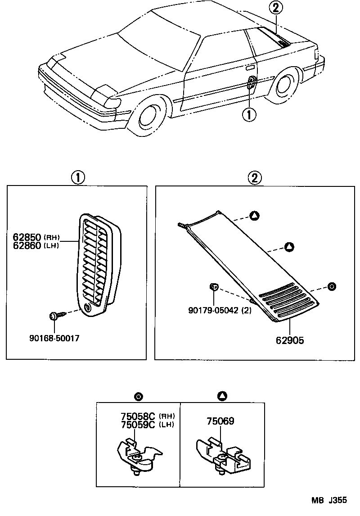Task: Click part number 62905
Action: pyautogui.click(x=290, y=341)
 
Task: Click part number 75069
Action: pyautogui.click(x=220, y=421)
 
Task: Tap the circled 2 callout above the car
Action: pyautogui.click(x=276, y=7)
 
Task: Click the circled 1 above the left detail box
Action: pyautogui.click(x=77, y=177)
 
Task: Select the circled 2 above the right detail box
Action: pyautogui.click(x=254, y=177)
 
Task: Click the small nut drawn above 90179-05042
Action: pyautogui.click(x=214, y=286)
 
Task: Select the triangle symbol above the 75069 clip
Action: pyautogui.click(x=222, y=396)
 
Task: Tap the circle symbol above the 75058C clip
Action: pyautogui.click(x=139, y=396)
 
